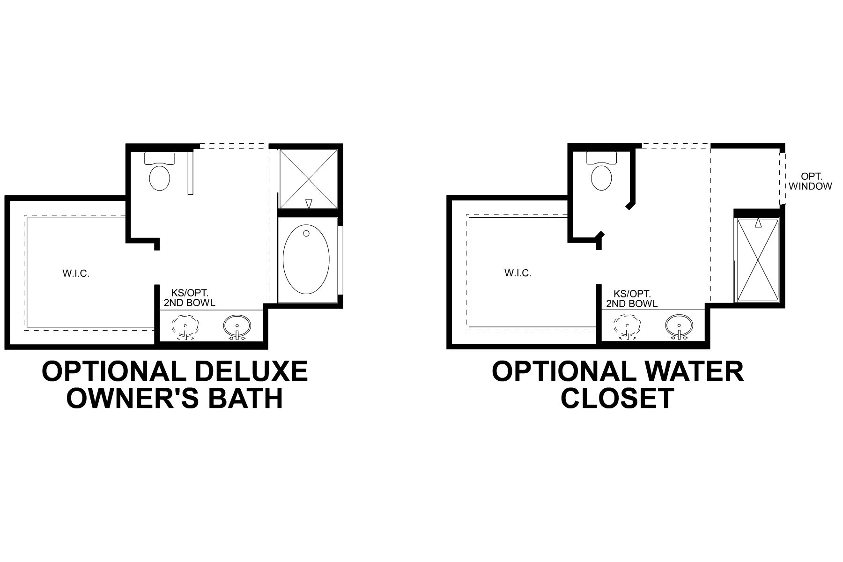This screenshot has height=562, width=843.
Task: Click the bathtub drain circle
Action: point(306,233)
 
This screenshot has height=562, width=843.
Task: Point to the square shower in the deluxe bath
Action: point(308,178)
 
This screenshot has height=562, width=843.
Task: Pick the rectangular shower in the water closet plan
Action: point(758,260)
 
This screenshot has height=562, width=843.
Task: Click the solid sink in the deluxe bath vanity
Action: point(237,325)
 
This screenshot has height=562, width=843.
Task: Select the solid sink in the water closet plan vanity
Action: point(679,325)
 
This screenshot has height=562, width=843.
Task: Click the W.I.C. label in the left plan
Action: point(76,274)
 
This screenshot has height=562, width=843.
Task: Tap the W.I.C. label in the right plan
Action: point(518,273)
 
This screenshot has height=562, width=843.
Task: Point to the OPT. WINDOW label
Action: point(810,181)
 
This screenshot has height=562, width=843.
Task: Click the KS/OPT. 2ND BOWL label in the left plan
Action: point(189,298)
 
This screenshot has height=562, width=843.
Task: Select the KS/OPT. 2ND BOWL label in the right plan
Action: point(632,298)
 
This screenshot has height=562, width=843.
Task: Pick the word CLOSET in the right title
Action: point(617,398)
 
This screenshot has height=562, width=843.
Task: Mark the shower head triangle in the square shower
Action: point(308,204)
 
